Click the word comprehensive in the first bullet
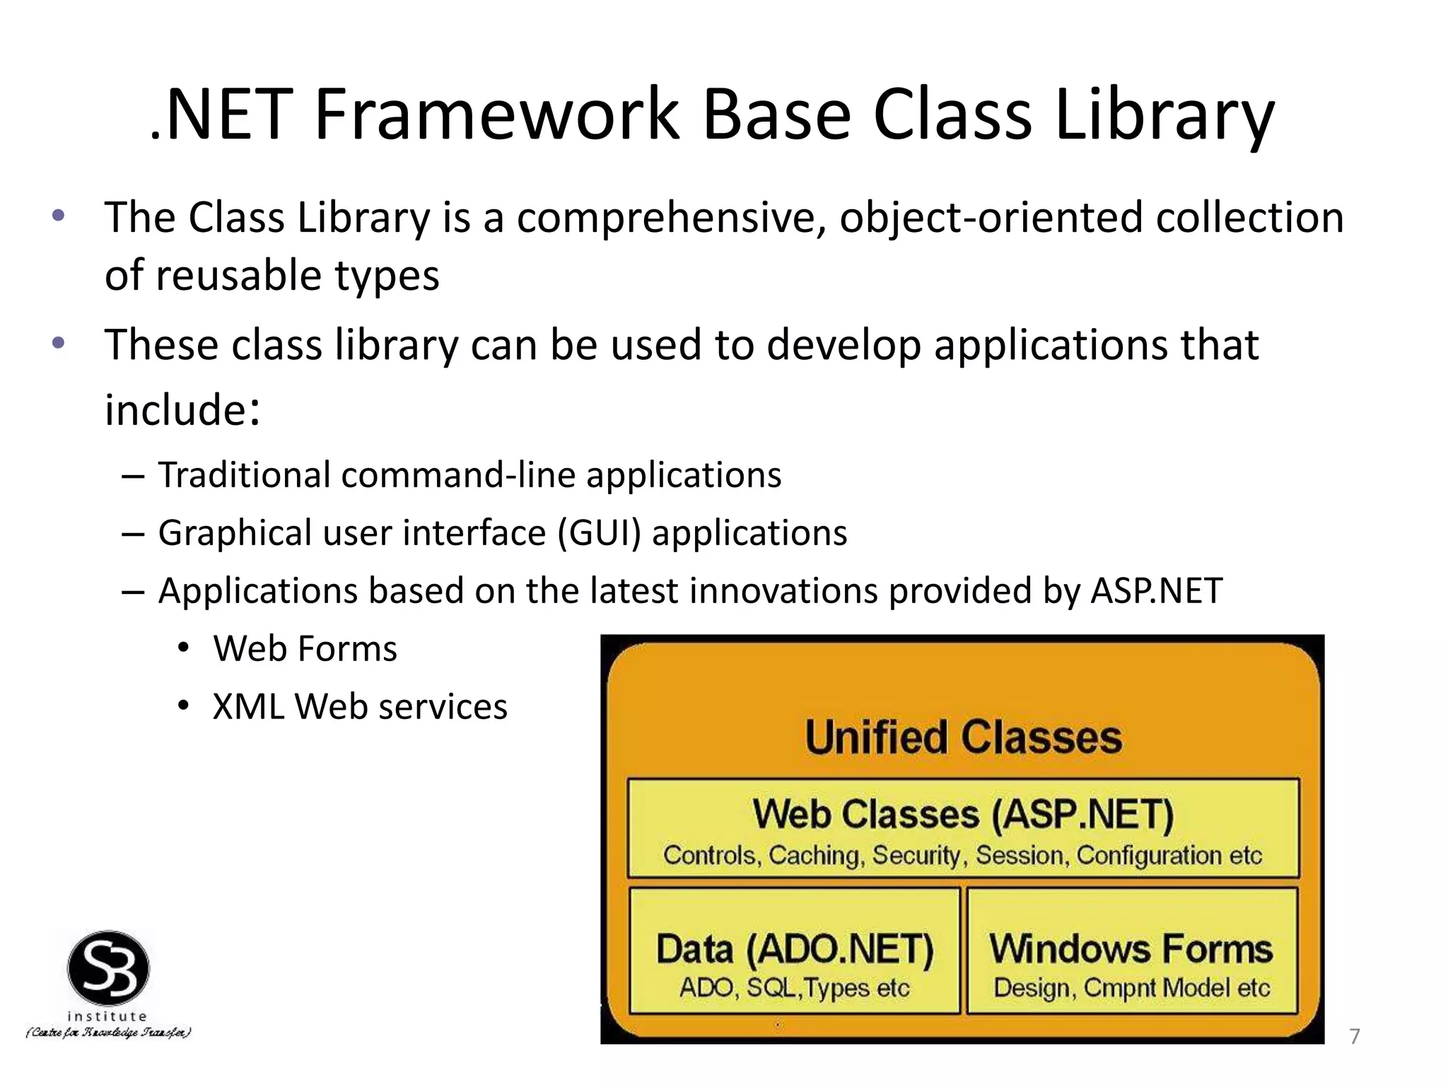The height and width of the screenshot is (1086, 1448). (x=672, y=218)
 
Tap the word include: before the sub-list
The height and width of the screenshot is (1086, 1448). (x=182, y=410)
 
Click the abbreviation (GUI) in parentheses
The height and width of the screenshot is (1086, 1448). (x=599, y=533)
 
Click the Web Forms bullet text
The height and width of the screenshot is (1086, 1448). (x=305, y=649)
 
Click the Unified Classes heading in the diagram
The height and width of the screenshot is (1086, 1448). (x=963, y=738)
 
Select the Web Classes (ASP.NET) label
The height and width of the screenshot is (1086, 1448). (x=963, y=814)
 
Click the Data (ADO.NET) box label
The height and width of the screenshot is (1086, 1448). (x=795, y=950)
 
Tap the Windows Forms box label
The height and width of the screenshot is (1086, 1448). (x=1131, y=950)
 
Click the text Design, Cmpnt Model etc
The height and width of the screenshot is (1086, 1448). (x=1131, y=988)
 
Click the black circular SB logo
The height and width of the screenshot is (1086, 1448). (x=108, y=969)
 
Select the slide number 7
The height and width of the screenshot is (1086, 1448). (x=1355, y=1037)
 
